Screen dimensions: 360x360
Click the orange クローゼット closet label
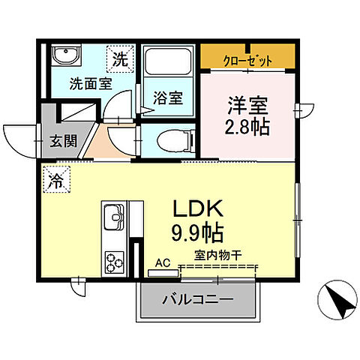click(247, 61)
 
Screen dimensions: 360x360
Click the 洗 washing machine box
click(119, 55)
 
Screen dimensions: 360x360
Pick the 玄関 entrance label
click(64, 140)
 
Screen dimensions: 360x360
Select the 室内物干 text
click(217, 256)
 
